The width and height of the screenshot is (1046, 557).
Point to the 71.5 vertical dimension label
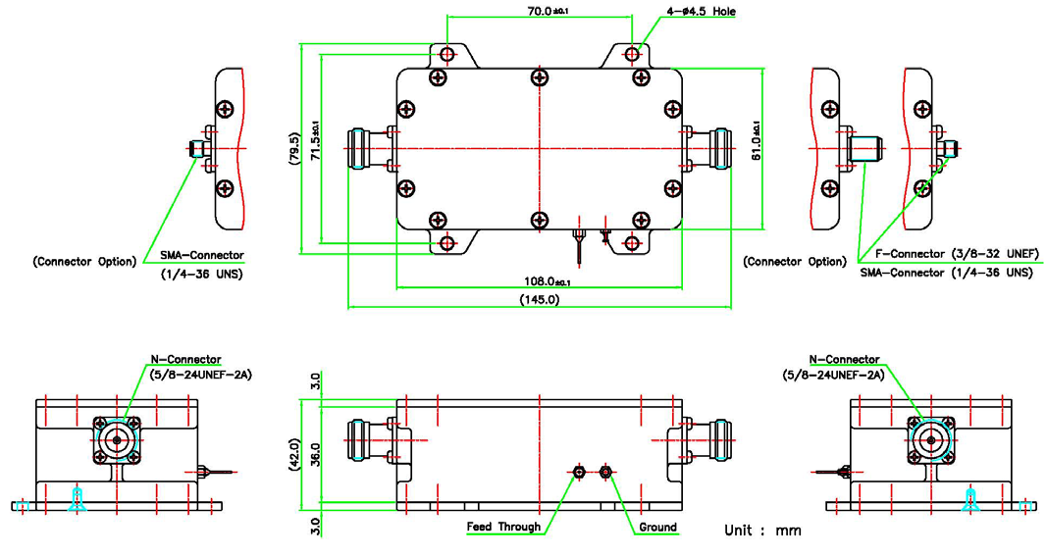[314, 143]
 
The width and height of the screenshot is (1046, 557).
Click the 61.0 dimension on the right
[756, 143]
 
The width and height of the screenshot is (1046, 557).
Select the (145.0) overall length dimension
[540, 300]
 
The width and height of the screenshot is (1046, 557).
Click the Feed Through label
[503, 527]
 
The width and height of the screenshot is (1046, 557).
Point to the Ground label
[657, 527]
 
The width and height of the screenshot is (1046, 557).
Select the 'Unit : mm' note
[762, 530]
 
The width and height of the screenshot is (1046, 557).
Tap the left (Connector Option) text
[83, 262]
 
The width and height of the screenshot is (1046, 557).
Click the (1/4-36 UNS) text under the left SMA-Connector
[201, 274]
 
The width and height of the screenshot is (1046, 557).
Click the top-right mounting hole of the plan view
[634, 53]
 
